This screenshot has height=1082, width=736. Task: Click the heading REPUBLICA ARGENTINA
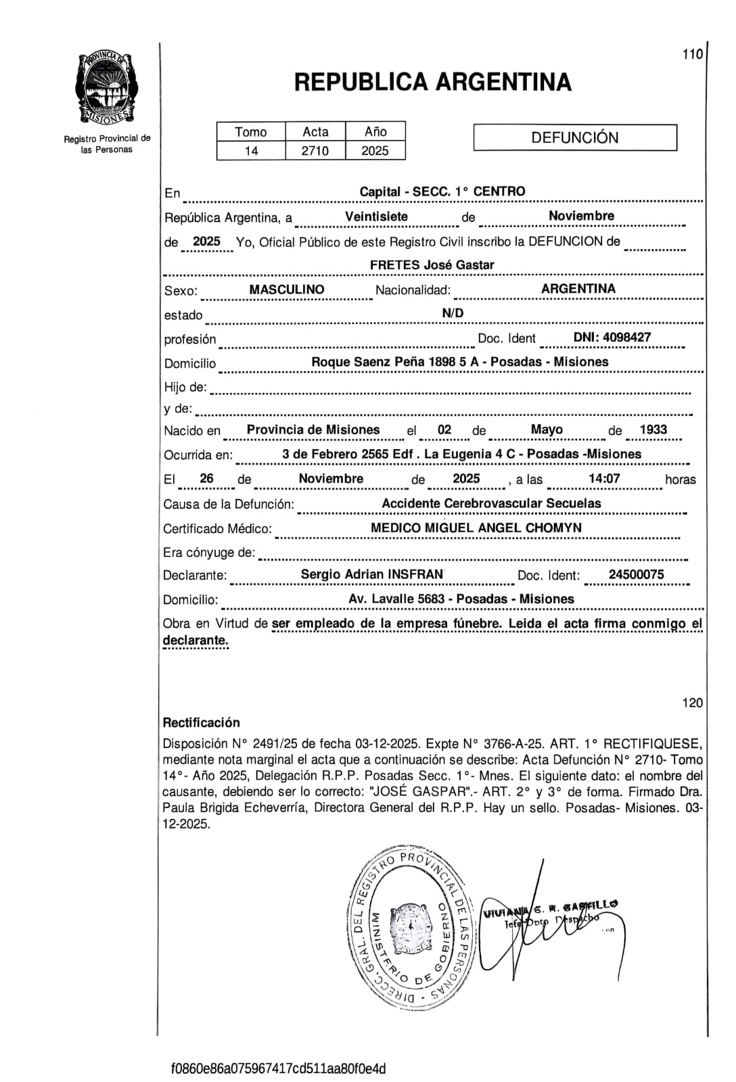(x=433, y=83)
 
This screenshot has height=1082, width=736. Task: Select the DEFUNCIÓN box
(x=575, y=137)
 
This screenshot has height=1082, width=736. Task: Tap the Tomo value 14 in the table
(x=251, y=151)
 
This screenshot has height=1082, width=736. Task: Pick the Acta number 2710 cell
(x=315, y=151)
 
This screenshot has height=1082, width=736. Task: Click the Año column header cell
(x=375, y=132)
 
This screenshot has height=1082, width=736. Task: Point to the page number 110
(x=693, y=55)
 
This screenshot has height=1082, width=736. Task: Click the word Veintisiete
(x=377, y=216)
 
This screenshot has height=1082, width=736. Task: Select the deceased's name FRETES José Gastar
(x=432, y=265)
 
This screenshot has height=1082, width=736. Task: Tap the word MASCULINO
(x=287, y=289)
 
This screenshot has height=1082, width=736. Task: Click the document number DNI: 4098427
(x=612, y=337)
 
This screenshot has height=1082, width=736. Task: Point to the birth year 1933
(x=648, y=429)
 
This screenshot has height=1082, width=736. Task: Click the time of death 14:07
(x=604, y=479)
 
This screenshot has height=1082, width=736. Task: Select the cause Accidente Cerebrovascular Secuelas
(x=491, y=503)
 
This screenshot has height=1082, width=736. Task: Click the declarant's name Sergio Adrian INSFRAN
(x=372, y=574)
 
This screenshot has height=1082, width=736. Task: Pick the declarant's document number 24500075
(x=637, y=574)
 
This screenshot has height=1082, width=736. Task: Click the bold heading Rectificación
(x=202, y=722)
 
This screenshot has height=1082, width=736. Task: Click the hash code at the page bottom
(x=278, y=1068)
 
